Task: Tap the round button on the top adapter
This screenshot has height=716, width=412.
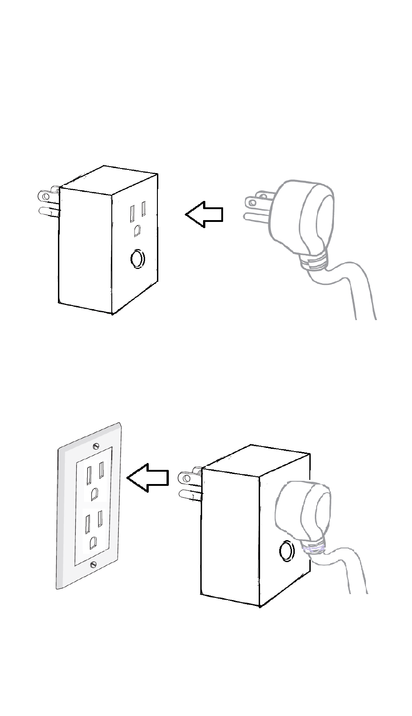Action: click(x=136, y=259)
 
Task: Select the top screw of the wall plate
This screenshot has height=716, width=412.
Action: click(x=95, y=446)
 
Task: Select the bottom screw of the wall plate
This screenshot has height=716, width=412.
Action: click(x=94, y=564)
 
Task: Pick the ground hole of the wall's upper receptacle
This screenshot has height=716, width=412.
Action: click(x=94, y=495)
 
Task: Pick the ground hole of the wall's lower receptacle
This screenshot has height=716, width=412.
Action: click(x=93, y=542)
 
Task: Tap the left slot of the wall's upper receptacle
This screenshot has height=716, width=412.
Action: click(x=88, y=474)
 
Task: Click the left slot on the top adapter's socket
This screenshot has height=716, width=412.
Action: click(x=132, y=213)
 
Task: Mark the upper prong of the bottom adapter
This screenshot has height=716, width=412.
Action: click(x=190, y=478)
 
